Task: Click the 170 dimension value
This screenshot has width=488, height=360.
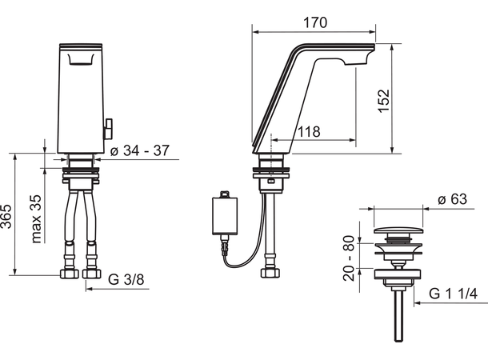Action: (314, 23)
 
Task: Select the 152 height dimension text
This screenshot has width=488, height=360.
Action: (384, 98)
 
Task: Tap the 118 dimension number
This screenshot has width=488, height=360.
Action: (310, 131)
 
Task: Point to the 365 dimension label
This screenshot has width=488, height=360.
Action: (9, 214)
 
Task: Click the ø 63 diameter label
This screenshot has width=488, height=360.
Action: (453, 200)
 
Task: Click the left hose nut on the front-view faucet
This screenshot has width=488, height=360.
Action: (69, 274)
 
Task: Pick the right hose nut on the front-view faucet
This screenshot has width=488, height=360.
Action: (93, 274)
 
